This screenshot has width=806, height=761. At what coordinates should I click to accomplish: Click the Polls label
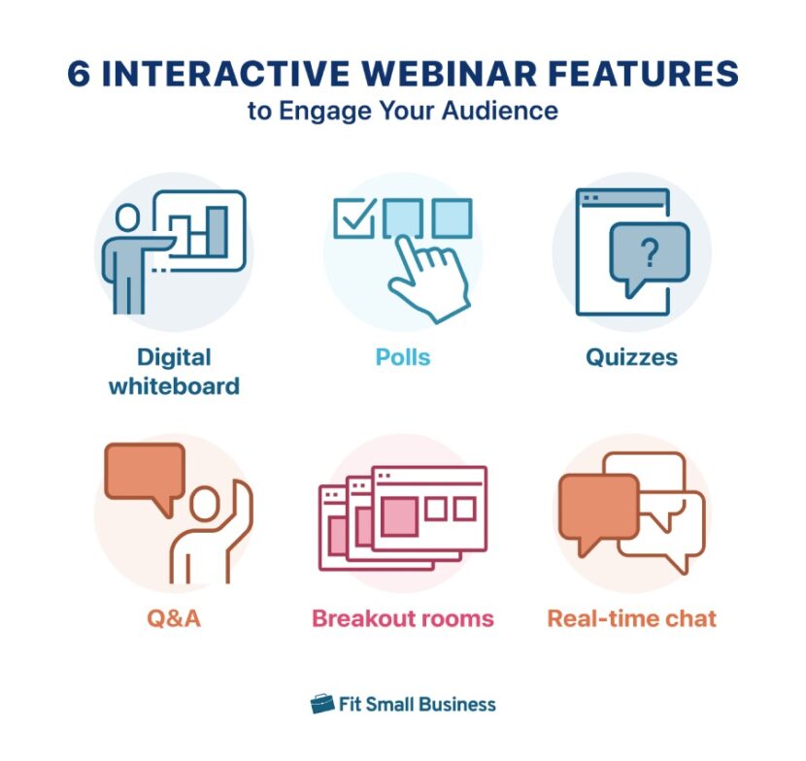pyautogui.click(x=402, y=357)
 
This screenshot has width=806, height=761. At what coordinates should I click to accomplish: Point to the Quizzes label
pyautogui.click(x=631, y=357)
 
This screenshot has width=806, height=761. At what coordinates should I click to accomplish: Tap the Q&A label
pyautogui.click(x=174, y=618)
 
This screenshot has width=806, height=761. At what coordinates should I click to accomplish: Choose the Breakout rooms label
pyautogui.click(x=402, y=618)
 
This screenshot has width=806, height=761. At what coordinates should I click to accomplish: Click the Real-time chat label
pyautogui.click(x=631, y=618)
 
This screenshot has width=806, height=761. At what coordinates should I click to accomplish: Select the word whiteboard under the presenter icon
pyautogui.click(x=174, y=385)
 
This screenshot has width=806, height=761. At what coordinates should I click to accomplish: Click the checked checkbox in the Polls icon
pyautogui.click(x=353, y=218)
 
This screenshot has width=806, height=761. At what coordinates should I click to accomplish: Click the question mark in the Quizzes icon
pyautogui.click(x=650, y=254)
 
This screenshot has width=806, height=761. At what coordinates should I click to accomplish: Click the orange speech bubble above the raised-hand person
pyautogui.click(x=144, y=472)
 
